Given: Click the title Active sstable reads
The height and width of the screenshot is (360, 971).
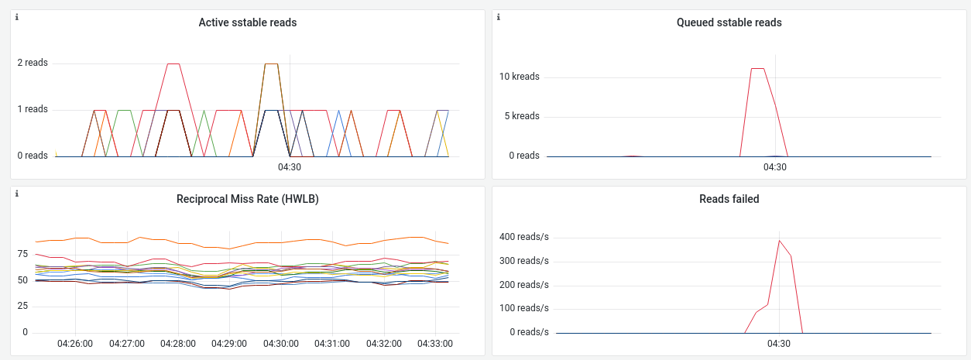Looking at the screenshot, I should [248, 22].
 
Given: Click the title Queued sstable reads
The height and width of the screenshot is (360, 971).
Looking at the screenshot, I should [729, 22].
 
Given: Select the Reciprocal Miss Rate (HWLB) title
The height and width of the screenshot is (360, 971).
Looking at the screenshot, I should [248, 199].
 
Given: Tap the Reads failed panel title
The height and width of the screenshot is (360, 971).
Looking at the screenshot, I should [729, 199].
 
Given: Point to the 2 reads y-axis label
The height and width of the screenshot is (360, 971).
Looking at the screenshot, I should [33, 63].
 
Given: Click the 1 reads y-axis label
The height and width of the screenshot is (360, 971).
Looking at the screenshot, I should [33, 109].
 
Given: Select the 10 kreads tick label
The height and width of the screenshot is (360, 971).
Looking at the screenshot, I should [520, 77].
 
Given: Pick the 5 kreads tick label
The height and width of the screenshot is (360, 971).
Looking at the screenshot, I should [522, 116].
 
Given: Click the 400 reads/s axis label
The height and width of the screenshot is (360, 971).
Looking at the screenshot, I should [523, 236].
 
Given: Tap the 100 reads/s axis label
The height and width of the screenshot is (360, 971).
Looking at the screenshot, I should [523, 308].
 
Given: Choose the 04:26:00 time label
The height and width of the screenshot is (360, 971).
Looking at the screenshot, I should [75, 343].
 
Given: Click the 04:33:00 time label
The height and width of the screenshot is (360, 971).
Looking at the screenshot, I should [435, 343].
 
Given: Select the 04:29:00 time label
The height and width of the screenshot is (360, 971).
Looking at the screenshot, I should [229, 343].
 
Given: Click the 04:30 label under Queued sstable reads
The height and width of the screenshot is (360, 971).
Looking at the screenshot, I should [775, 166].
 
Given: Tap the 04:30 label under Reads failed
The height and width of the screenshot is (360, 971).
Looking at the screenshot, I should [779, 343].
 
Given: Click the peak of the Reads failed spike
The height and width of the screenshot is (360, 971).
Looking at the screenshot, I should [779, 240].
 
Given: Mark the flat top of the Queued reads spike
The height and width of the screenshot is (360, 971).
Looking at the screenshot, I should [758, 68].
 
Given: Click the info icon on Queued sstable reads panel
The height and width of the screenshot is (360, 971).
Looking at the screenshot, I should [499, 16].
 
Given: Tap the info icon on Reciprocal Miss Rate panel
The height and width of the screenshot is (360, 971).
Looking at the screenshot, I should [17, 193].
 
